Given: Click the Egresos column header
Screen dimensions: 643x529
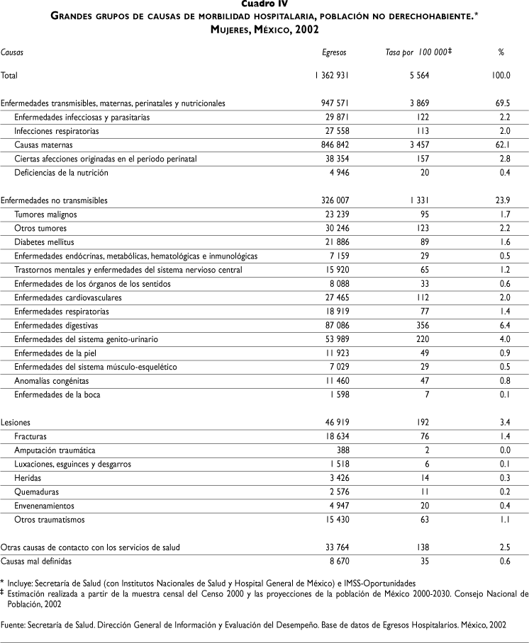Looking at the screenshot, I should tap(333, 52).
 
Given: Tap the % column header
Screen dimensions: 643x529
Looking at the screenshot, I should tap(501, 52).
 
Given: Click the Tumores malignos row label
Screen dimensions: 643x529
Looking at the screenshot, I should tap(46, 215).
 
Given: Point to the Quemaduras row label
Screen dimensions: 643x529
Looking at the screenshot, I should tap(37, 491).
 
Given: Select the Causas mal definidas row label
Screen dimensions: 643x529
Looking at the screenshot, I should tap(36, 560).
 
